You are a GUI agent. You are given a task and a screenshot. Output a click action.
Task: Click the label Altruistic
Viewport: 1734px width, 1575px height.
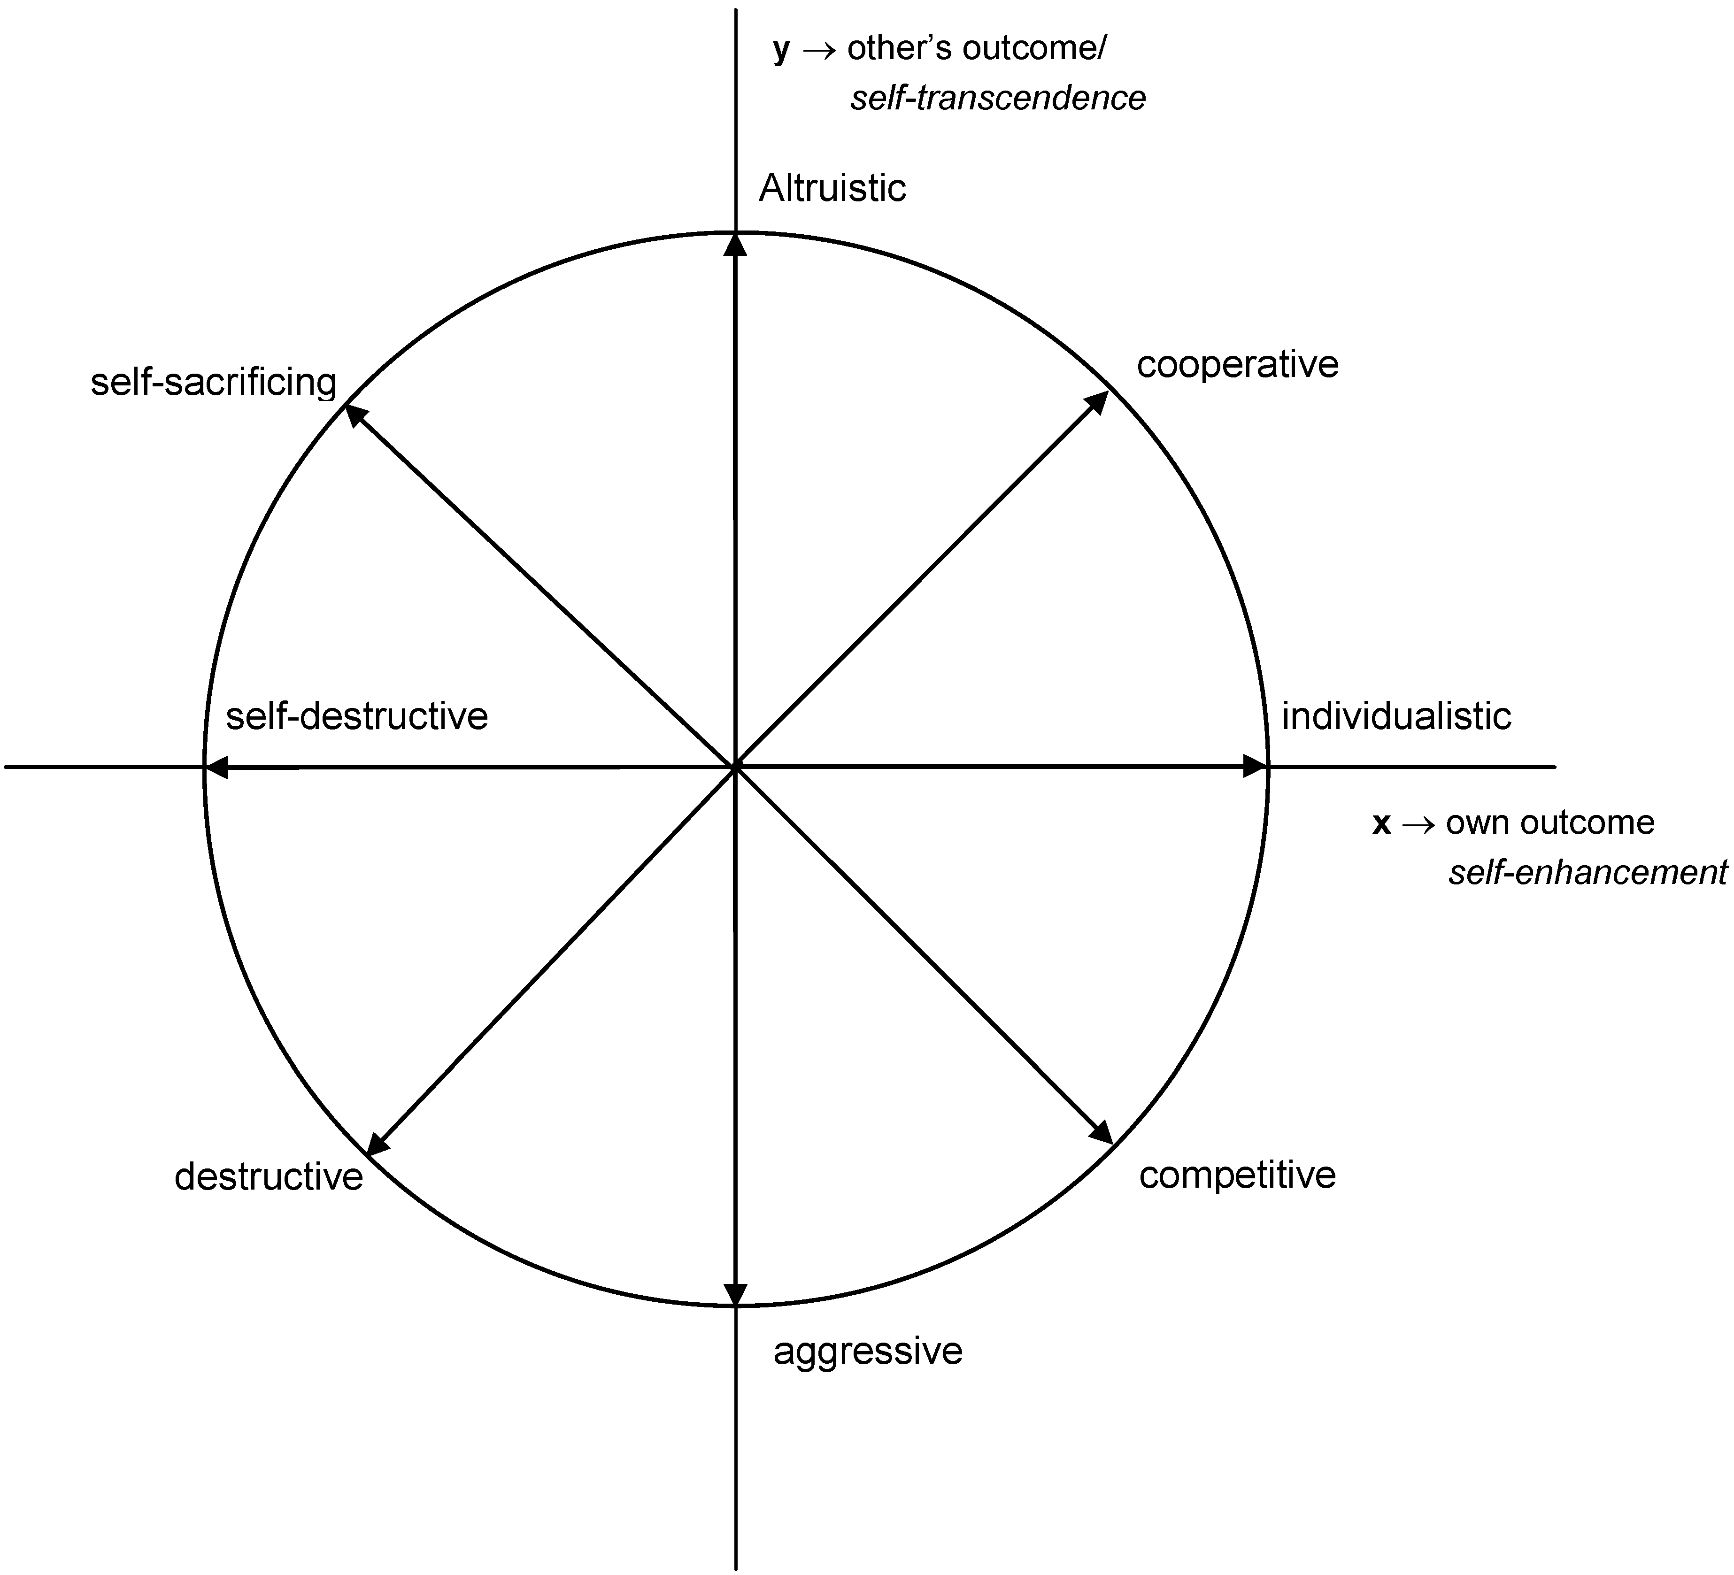[832, 188]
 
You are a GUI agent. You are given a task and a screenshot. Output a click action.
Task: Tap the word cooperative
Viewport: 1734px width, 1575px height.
[1237, 365]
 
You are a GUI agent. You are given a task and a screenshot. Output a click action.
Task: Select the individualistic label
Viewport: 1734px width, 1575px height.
[1396, 716]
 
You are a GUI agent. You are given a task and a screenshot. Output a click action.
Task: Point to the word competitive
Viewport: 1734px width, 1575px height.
[1237, 1175]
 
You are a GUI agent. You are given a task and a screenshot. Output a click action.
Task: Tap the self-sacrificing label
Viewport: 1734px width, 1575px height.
[213, 383]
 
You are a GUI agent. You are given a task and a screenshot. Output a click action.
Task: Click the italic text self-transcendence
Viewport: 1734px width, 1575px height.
[998, 99]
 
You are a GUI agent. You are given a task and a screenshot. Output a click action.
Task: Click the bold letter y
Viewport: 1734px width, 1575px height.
[781, 50]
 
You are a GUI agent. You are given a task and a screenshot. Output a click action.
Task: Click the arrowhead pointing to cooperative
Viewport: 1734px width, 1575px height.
[1098, 401]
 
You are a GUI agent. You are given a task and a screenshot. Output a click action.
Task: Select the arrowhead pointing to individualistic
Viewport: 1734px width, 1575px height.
[1256, 766]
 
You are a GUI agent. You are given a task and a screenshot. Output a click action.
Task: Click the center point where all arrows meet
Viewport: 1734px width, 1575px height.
[735, 766]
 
